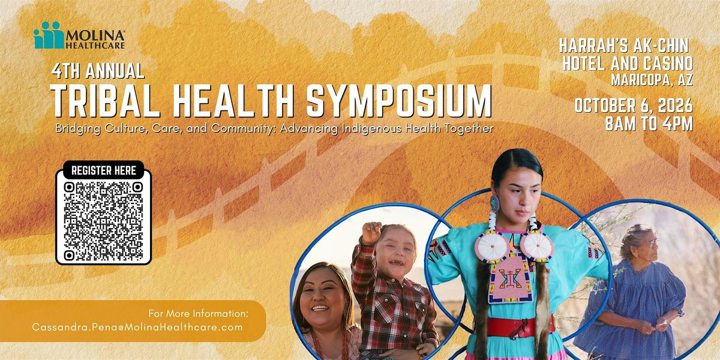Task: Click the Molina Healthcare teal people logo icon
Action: point(49,35)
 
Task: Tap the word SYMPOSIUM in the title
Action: point(399,101)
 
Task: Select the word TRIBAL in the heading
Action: point(105,101)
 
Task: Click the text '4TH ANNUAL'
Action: point(98,71)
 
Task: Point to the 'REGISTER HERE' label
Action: point(103,170)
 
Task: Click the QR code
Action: point(103,221)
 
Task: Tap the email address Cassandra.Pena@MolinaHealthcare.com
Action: point(137,327)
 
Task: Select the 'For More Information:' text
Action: point(199,313)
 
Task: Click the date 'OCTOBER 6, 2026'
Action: point(634,106)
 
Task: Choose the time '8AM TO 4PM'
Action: point(649,124)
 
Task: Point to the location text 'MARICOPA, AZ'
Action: point(652,80)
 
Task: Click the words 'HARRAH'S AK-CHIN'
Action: point(624,46)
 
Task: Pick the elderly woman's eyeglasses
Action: point(649,244)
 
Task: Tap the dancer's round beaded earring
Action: point(494,203)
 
